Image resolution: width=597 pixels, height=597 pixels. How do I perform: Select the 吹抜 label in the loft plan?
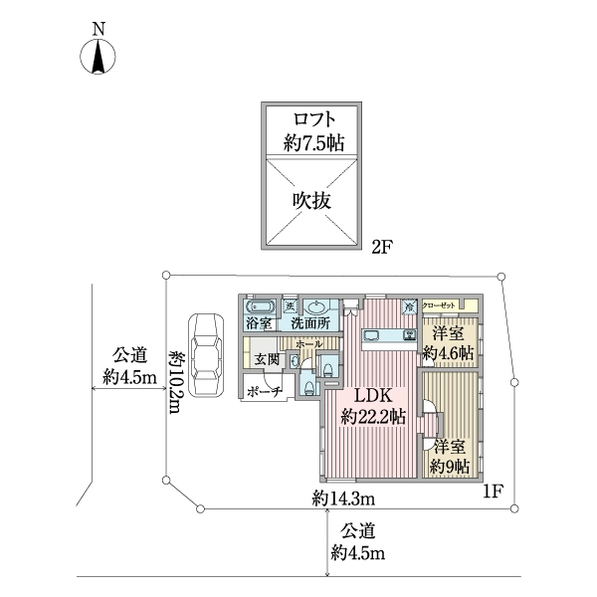point(310,198)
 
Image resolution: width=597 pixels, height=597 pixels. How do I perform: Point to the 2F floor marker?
point(383,245)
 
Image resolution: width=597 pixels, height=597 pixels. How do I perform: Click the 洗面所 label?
point(310,324)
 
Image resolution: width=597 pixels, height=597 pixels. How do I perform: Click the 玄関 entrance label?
point(266,360)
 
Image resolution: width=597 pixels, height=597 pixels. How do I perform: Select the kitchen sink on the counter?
point(408,334)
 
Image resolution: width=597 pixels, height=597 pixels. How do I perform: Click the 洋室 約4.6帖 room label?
point(447,343)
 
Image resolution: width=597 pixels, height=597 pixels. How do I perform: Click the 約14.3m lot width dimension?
point(341,496)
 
